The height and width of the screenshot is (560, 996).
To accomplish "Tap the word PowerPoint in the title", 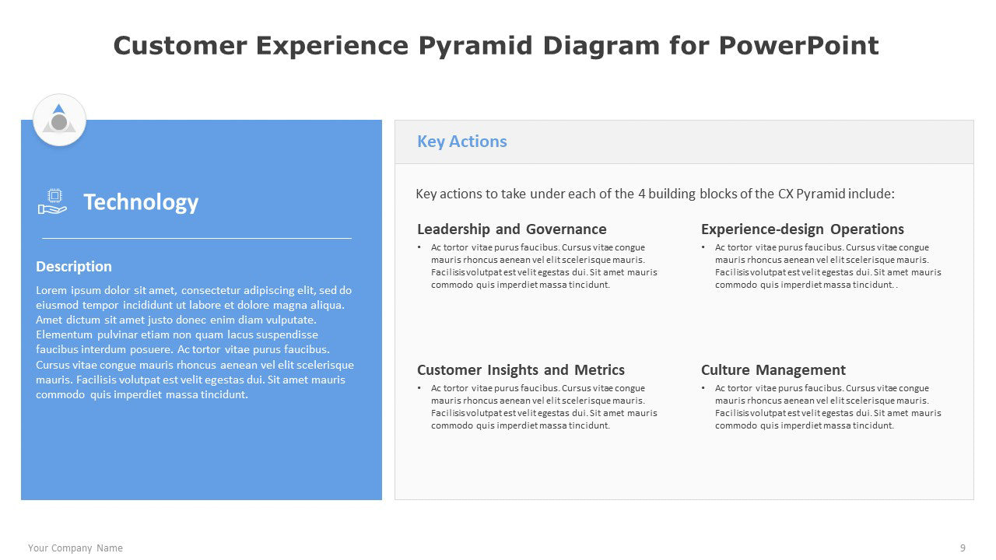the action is tap(798, 45).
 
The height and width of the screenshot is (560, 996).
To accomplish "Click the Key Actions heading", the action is tap(461, 142).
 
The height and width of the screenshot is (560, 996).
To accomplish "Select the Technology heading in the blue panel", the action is tap(141, 203).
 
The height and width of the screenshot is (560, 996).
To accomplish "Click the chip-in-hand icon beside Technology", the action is tap(52, 201).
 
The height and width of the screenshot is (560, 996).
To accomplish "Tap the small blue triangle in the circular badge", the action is tap(58, 108).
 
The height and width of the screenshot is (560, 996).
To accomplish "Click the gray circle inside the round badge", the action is tap(59, 122).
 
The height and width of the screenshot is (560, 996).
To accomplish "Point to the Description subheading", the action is tap(74, 267).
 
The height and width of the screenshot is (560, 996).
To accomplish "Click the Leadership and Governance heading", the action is tap(512, 229).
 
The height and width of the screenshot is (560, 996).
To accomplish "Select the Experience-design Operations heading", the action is tap(802, 229).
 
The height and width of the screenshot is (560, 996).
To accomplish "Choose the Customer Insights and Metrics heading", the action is tap(521, 369).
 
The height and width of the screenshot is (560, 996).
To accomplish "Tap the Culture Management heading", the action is tap(773, 369).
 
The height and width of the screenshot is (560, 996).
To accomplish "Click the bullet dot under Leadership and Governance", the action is tap(419, 247).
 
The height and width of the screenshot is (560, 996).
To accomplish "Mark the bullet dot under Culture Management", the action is tap(703, 388).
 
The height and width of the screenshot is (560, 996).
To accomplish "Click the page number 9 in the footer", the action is tap(963, 548).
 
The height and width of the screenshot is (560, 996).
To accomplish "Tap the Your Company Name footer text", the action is tap(75, 548).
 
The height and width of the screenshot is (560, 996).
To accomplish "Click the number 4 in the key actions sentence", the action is tap(642, 194).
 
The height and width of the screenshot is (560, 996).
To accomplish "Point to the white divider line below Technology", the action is tap(197, 239).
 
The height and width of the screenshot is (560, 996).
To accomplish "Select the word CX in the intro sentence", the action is tap(785, 194).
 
